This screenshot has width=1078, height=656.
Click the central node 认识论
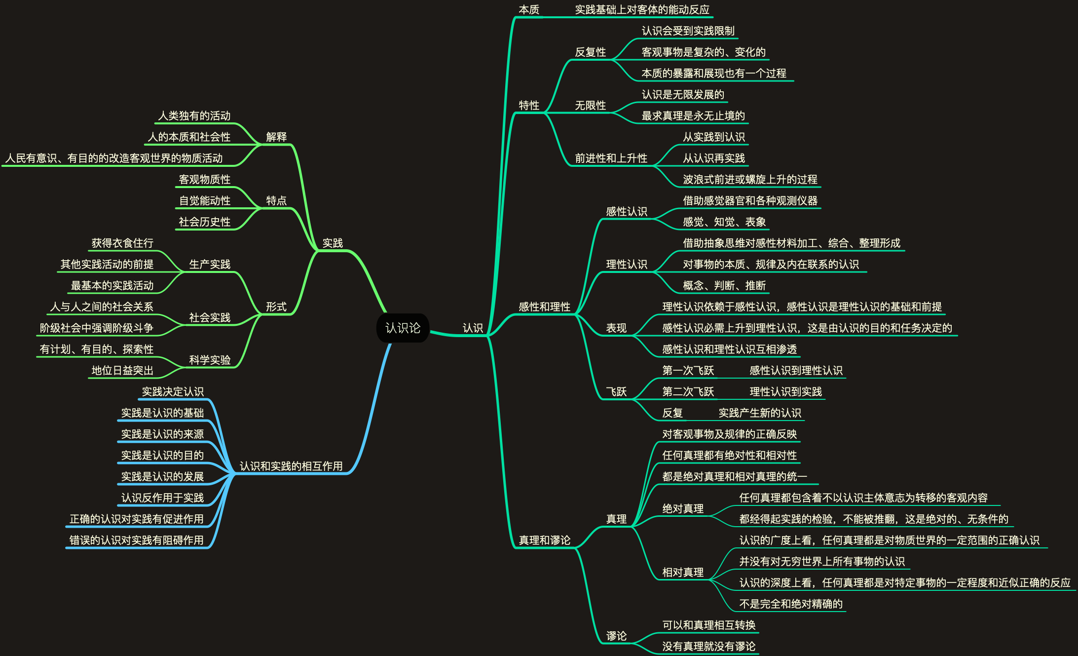click(403, 328)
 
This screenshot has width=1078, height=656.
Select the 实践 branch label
click(332, 243)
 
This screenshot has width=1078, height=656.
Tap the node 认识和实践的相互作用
click(291, 466)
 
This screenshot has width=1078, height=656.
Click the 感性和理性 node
click(544, 307)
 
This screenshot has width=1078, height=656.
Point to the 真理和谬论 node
click(544, 540)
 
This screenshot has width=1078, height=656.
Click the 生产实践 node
click(210, 264)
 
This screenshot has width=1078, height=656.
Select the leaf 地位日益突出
click(122, 370)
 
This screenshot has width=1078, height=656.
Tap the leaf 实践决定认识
click(173, 391)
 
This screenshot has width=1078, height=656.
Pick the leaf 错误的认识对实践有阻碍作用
click(136, 540)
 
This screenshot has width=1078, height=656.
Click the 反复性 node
click(590, 52)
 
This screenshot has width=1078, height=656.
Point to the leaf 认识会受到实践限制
click(688, 31)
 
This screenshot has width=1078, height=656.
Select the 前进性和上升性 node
click(611, 158)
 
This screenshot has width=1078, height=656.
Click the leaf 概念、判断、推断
click(724, 285)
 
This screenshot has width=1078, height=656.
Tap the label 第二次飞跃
click(688, 391)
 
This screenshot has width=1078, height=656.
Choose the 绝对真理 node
click(682, 508)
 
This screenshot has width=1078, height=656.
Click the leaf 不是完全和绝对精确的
click(790, 604)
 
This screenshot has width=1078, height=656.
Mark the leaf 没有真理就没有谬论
click(708, 646)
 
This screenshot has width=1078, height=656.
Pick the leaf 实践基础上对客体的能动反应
click(642, 9)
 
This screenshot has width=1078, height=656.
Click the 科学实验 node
click(210, 360)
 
